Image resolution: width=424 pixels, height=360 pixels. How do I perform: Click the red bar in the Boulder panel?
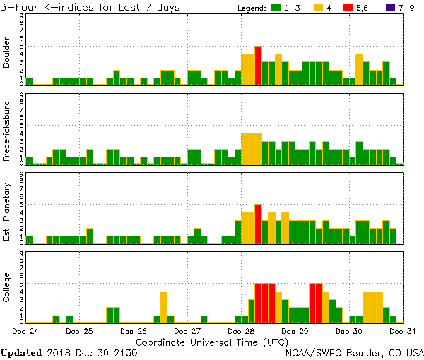259,66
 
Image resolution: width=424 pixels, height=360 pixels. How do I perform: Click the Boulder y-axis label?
7,53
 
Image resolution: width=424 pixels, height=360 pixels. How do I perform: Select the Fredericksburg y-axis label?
7,132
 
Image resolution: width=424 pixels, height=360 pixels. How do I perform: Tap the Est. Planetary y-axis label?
7,212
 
